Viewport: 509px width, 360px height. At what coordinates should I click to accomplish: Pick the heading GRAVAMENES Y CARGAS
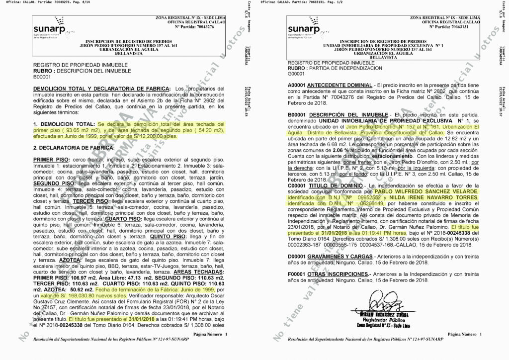(340, 257)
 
